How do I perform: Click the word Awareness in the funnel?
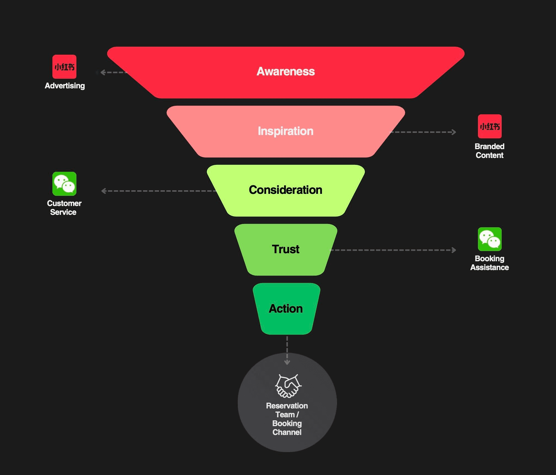click(285, 72)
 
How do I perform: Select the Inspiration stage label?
click(285, 131)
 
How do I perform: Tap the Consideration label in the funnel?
click(285, 190)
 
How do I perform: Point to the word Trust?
click(285, 249)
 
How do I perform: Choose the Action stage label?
click(286, 308)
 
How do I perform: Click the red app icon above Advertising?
click(64, 67)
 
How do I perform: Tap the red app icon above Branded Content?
click(490, 126)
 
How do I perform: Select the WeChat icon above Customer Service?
click(64, 184)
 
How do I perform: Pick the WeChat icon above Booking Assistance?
click(490, 239)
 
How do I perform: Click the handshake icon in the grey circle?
click(288, 386)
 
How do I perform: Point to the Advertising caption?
click(65, 86)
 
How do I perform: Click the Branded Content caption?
click(490, 151)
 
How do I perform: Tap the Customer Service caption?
click(64, 208)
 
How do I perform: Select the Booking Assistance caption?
click(490, 263)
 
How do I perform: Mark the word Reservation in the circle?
click(287, 406)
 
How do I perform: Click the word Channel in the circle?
click(287, 432)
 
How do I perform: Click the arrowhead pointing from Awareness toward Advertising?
click(103, 72)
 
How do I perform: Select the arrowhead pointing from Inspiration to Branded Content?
click(454, 132)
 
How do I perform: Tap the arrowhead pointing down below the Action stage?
click(287, 362)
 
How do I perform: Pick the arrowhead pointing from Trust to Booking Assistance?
click(454, 250)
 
